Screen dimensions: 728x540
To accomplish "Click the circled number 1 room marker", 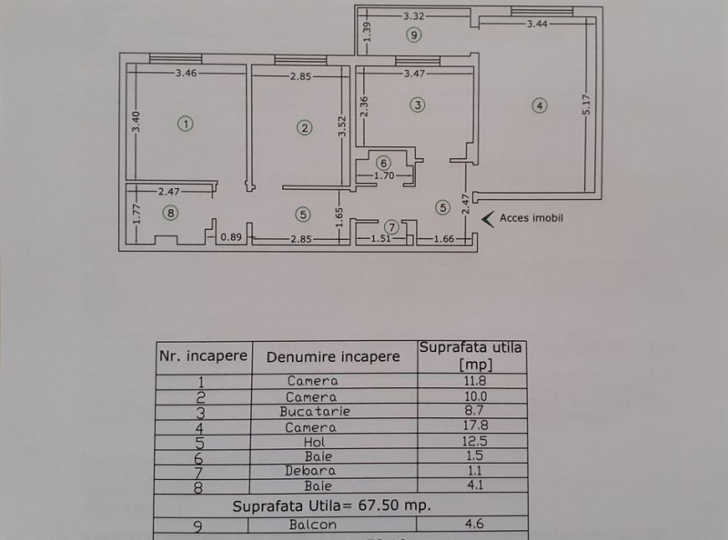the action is coord(186,124).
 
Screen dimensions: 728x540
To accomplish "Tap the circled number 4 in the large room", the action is coord(540,105).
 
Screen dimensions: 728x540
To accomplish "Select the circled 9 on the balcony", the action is coord(414,35).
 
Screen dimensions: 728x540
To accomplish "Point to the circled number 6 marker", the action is coord(383,163).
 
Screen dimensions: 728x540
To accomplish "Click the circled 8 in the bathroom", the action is coord(171,213).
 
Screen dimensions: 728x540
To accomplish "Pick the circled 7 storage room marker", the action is coord(392,227).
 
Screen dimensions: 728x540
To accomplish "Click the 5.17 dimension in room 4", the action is coord(586,105).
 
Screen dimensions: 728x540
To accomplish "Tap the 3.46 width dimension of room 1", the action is coord(187,73).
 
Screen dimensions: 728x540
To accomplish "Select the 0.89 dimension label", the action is coord(231,237).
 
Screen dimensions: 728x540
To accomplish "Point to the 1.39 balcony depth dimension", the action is coord(367,32).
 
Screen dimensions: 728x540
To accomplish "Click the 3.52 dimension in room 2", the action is coord(342,126).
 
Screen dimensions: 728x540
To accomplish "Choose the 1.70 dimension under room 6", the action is coord(384,175).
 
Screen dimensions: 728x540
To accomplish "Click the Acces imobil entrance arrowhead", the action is coord(488,219).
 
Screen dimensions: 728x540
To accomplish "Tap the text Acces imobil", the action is coord(531,218).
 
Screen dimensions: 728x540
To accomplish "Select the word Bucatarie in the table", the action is coord(315,412).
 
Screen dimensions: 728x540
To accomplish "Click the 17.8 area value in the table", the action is coord(475,425).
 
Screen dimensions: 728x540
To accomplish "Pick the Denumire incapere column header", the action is coord(333,356).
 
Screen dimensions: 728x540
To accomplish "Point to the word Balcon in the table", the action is coord(312,525).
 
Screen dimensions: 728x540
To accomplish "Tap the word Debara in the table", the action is coord(310,471).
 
